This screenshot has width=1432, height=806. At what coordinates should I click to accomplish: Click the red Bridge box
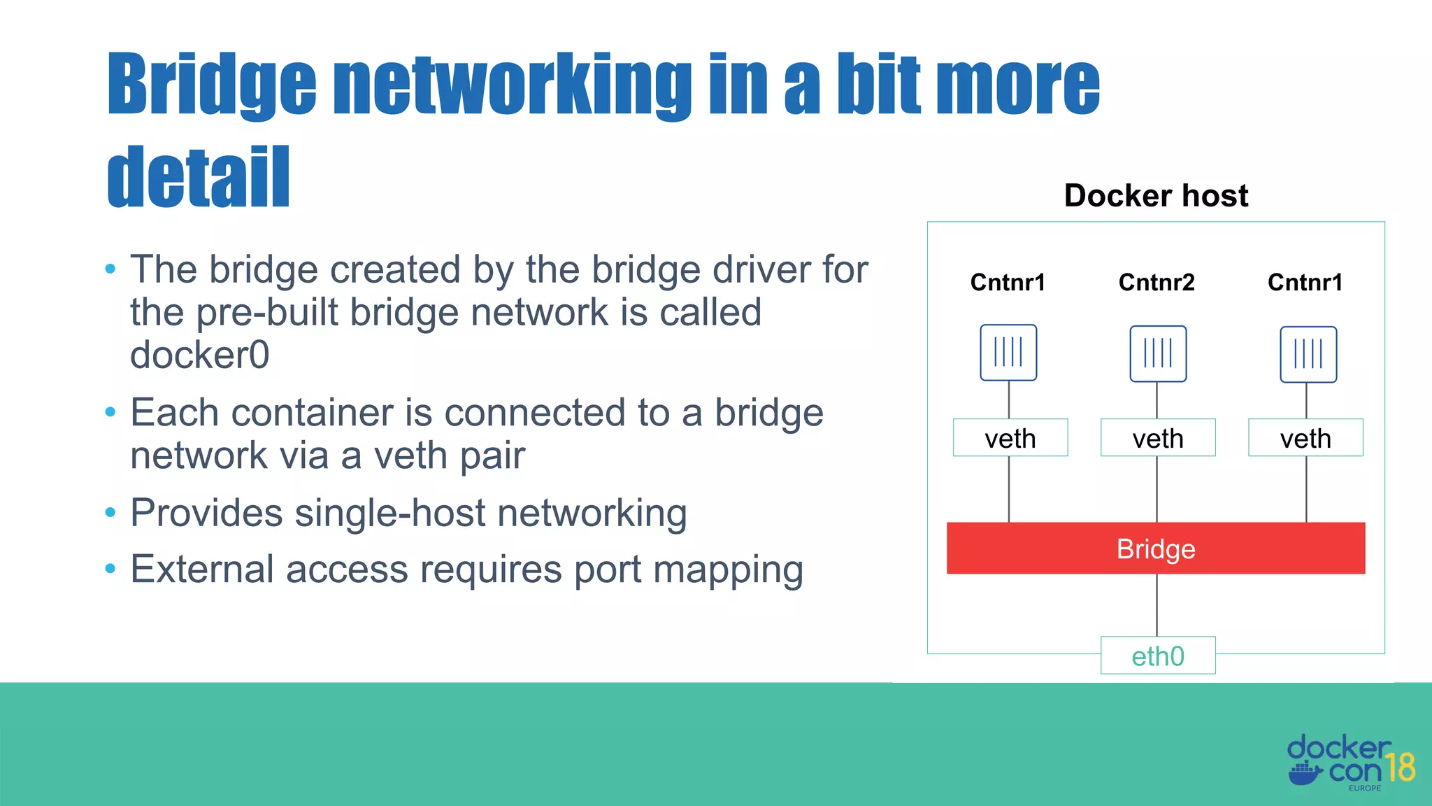(1155, 549)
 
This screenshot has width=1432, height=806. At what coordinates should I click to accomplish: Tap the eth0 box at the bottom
(1158, 656)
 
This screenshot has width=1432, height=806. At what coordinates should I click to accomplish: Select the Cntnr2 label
(1157, 282)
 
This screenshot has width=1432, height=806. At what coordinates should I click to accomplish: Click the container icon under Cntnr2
(1158, 353)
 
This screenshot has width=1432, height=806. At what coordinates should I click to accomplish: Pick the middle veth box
(1158, 438)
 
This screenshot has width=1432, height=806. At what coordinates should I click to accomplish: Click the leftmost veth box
(1010, 438)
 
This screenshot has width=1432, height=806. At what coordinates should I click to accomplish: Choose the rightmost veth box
(1305, 438)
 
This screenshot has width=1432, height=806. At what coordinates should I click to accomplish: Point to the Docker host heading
(1156, 195)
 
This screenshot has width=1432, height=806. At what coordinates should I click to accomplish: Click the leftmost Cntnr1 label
(1008, 282)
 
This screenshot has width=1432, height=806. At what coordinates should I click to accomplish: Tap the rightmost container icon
(1308, 354)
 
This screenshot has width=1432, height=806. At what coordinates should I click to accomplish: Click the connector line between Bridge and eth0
(1157, 605)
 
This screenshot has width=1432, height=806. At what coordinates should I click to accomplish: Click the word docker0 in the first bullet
(199, 355)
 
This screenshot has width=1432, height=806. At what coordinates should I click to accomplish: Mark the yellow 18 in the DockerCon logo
(1401, 768)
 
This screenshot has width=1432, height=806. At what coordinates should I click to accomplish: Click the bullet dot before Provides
(110, 513)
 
